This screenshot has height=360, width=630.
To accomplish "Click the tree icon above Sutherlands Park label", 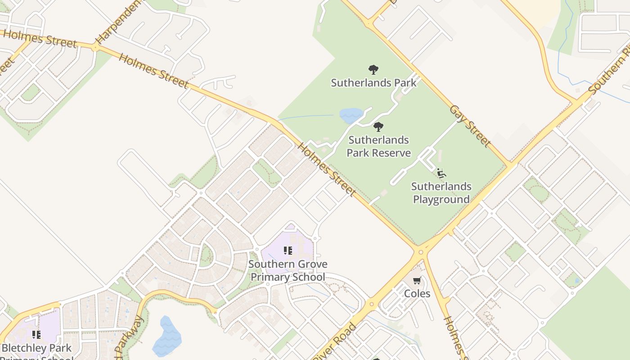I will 373,70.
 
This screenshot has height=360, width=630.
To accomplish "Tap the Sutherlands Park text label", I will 373,83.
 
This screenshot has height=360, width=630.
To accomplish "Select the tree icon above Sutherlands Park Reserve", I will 378,127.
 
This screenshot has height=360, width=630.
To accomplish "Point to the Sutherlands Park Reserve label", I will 378,146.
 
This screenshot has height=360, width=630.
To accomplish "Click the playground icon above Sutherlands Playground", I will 441,173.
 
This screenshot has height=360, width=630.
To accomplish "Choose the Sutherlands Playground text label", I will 441,193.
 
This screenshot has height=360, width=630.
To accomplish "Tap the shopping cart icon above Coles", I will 417,281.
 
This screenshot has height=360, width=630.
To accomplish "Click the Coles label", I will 417,294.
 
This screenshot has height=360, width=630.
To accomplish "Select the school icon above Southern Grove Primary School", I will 288,251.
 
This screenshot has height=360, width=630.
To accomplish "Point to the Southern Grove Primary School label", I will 288,270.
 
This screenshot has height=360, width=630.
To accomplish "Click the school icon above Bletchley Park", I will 36,334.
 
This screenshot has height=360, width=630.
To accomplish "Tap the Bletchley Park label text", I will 37,348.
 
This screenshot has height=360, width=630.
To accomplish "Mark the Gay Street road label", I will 471,126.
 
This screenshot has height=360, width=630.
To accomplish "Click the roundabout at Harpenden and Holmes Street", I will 95,47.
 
